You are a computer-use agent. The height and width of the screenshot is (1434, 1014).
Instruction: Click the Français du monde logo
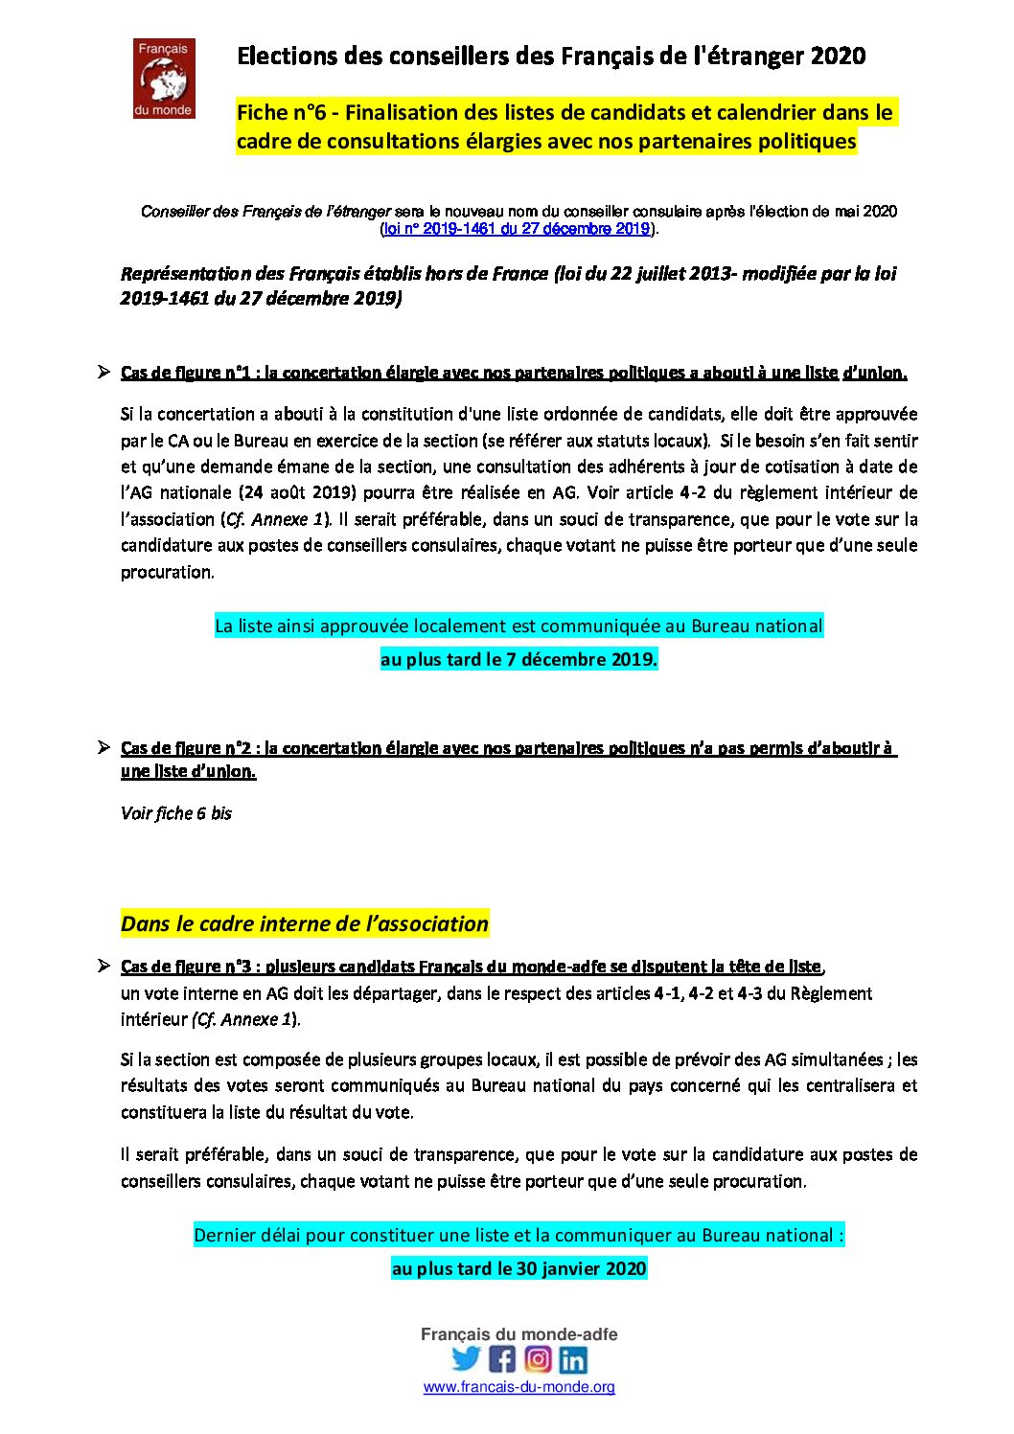tap(164, 79)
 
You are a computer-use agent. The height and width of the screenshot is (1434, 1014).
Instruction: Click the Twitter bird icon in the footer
tap(467, 1358)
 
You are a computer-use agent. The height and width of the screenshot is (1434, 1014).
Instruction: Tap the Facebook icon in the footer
tap(502, 1358)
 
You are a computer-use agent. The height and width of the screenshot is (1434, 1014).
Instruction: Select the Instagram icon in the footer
tap(538, 1358)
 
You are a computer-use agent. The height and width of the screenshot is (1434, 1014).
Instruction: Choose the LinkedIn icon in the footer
tap(573, 1358)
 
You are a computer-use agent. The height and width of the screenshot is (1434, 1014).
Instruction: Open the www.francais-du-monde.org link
tap(519, 1386)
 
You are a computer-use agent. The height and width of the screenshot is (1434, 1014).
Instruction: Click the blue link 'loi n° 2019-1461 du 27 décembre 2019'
tap(517, 229)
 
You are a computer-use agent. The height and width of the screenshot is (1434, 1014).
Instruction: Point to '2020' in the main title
tap(838, 57)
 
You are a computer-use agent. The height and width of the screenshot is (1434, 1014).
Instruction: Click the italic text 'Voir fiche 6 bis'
tap(176, 813)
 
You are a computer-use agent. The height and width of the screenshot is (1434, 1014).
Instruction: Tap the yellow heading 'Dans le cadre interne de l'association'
tap(305, 923)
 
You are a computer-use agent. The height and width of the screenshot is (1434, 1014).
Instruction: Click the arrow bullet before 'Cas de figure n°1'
tap(104, 372)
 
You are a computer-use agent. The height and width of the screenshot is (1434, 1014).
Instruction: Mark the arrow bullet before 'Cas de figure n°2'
tap(104, 747)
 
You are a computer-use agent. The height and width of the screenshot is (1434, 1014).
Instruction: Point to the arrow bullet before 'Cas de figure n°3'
tap(104, 966)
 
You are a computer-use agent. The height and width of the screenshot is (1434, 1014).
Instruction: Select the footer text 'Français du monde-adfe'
tap(519, 1334)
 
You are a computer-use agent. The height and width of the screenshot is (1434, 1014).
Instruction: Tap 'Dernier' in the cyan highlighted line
tap(223, 1235)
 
